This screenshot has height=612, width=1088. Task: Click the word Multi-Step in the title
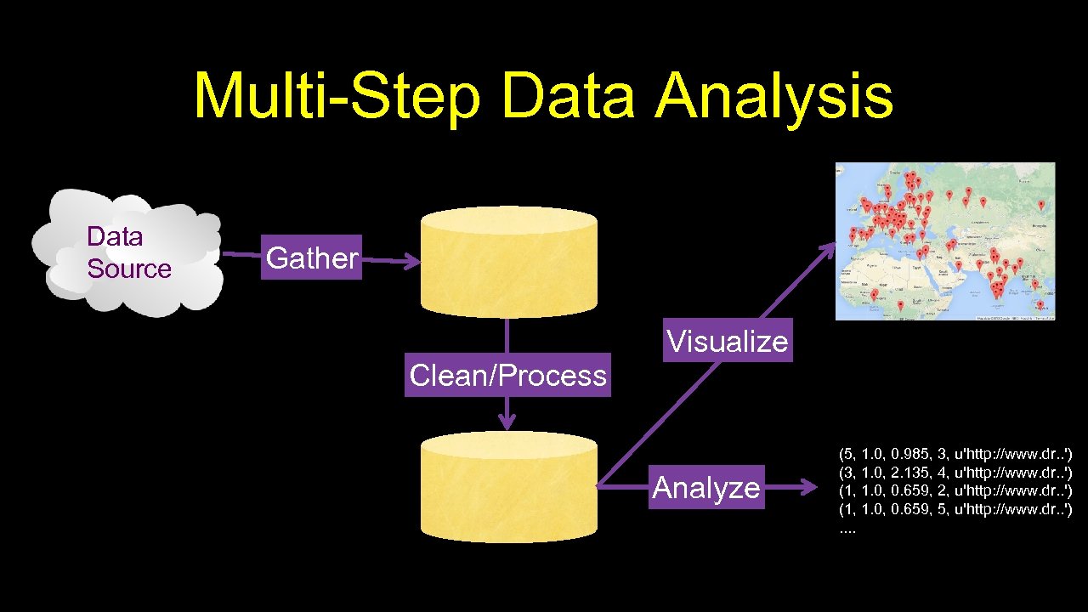(x=337, y=98)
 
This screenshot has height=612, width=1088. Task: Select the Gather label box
(x=312, y=258)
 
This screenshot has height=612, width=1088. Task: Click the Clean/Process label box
(x=507, y=375)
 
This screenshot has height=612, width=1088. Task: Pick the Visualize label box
(x=728, y=341)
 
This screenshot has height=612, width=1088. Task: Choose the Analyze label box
(x=705, y=487)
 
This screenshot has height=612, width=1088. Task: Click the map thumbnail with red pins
(x=945, y=241)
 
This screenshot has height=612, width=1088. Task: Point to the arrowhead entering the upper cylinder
(x=412, y=263)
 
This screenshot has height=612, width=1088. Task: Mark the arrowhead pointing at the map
(x=829, y=249)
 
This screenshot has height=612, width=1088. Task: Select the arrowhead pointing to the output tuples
(x=807, y=487)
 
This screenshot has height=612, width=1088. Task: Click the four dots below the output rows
(x=848, y=530)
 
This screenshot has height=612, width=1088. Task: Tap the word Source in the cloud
(x=129, y=269)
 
